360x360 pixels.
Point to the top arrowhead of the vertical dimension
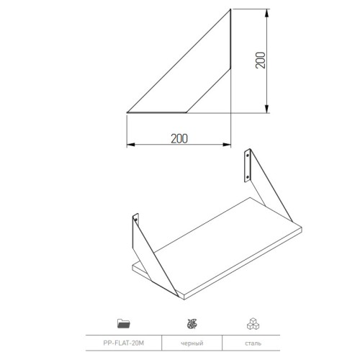pyautogui.click(x=269, y=13)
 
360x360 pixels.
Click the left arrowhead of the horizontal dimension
pyautogui.click(x=130, y=145)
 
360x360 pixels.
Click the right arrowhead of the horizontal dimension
pyautogui.click(x=228, y=145)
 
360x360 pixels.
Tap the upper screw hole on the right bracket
pyautogui.click(x=248, y=155)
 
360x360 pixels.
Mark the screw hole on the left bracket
pyautogui.click(x=135, y=218)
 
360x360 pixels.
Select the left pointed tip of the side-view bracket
pyautogui.click(x=128, y=112)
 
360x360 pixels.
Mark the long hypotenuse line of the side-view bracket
pyautogui.click(x=179, y=61)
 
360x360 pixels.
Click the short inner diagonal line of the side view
pyautogui.click(x=208, y=90)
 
